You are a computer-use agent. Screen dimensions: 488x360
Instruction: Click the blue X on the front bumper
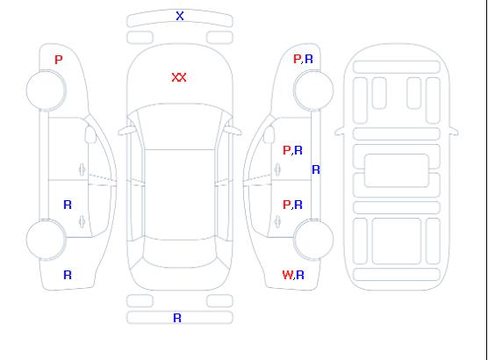tap(180, 16)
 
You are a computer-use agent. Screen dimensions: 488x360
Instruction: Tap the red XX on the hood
tap(179, 77)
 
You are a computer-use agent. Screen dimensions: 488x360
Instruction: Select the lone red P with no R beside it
tap(59, 60)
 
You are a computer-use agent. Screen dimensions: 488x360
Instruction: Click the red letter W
tap(288, 275)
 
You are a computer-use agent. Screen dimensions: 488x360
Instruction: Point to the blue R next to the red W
tap(300, 275)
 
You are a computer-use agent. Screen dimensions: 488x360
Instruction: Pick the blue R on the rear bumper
tap(177, 318)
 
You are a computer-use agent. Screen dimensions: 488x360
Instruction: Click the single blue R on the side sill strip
tap(316, 169)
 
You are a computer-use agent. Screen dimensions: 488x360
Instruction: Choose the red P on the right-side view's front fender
tap(298, 59)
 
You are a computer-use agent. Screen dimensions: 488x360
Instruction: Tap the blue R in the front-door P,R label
tap(298, 150)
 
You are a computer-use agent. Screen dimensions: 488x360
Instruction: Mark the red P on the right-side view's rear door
tap(287, 205)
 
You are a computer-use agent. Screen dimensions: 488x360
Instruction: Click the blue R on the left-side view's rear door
tap(68, 205)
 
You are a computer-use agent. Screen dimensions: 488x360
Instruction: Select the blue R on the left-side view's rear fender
tap(68, 275)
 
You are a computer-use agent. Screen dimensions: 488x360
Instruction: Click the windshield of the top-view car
tap(180, 126)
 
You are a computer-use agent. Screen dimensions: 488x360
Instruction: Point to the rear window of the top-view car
tap(180, 253)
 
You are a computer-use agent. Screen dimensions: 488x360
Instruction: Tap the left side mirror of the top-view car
tap(126, 131)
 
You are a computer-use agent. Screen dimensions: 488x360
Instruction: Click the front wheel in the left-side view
tap(46, 90)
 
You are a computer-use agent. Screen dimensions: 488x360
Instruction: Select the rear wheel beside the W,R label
tap(313, 240)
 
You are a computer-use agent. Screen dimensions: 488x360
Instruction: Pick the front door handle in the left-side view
tap(82, 169)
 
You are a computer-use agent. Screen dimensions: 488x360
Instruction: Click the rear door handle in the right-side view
tap(277, 222)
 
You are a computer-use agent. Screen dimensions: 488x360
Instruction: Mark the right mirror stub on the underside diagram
tap(454, 131)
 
